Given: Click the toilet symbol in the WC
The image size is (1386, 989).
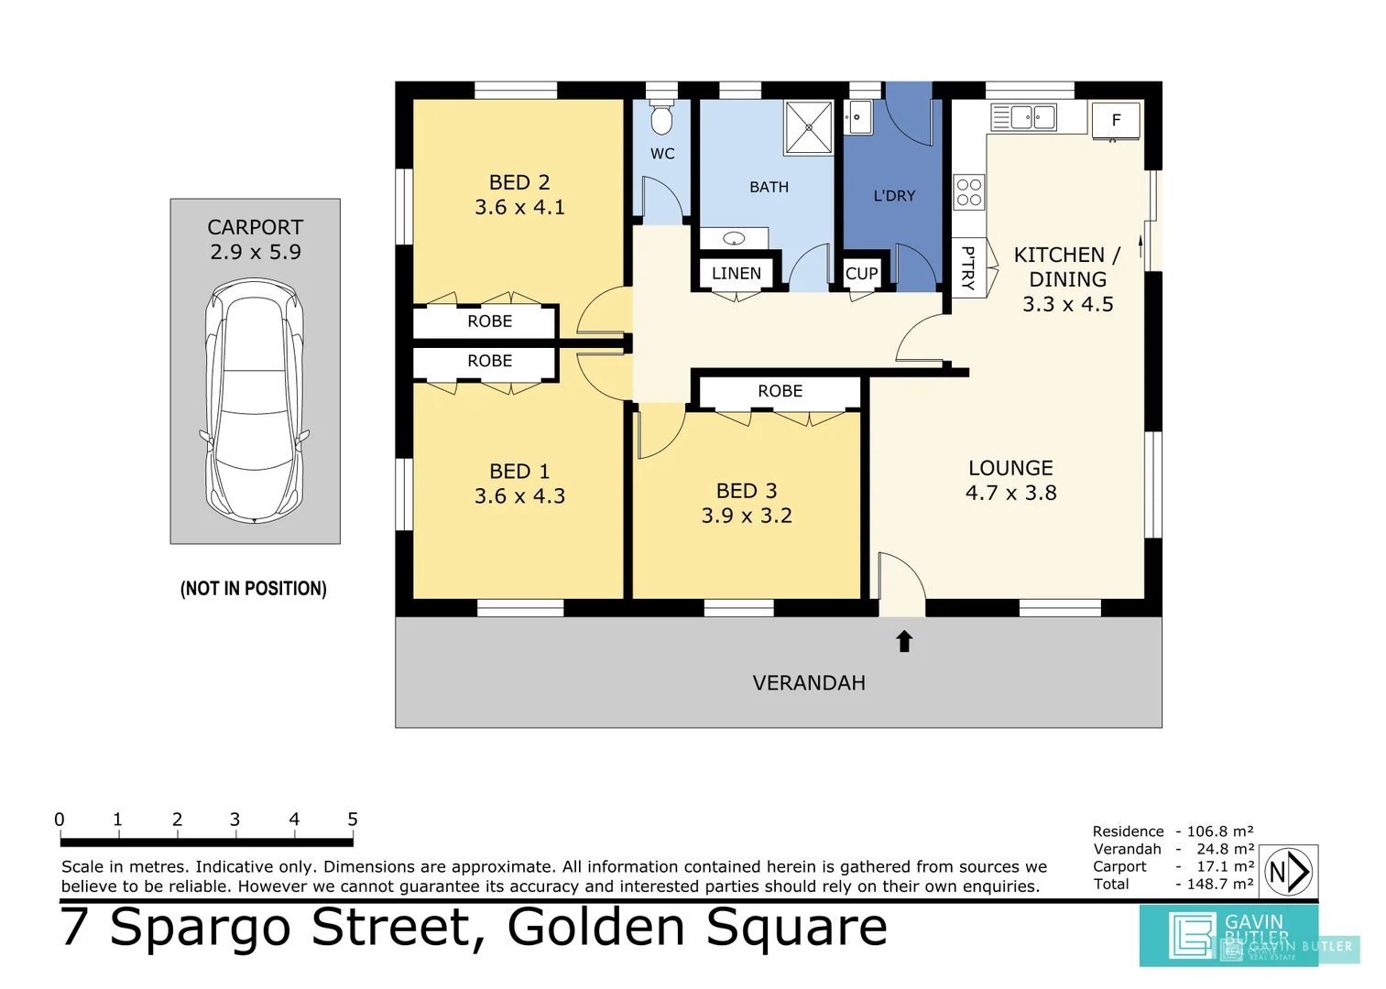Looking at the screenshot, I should [661, 118].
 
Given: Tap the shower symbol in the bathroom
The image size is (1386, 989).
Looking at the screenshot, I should [809, 127].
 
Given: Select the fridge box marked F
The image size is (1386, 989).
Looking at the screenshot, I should [1116, 120].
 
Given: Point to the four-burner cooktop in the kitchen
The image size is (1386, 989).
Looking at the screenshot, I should [969, 192].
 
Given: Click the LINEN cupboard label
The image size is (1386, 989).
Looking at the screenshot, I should [737, 274].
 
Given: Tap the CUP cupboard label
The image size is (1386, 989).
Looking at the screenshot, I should [861, 274].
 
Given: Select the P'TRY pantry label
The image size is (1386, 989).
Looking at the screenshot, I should [967, 268].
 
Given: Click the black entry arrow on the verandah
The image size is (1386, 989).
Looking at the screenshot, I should [904, 641].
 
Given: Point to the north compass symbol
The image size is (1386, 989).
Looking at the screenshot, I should [1289, 872].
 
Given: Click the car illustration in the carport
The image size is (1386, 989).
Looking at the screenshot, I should [255, 401].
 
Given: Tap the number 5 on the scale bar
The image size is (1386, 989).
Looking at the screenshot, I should [353, 820].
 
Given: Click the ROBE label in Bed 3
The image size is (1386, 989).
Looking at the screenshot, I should [780, 391].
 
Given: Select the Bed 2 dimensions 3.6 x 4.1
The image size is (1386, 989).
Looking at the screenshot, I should [519, 208].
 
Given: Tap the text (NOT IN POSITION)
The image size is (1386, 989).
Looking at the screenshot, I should [254, 589].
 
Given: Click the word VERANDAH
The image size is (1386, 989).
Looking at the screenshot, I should [809, 683].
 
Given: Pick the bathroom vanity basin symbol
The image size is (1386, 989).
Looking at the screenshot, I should [734, 239].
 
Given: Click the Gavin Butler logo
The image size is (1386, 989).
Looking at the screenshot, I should [1228, 935].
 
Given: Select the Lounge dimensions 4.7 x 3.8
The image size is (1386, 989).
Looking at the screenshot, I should [1010, 493].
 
